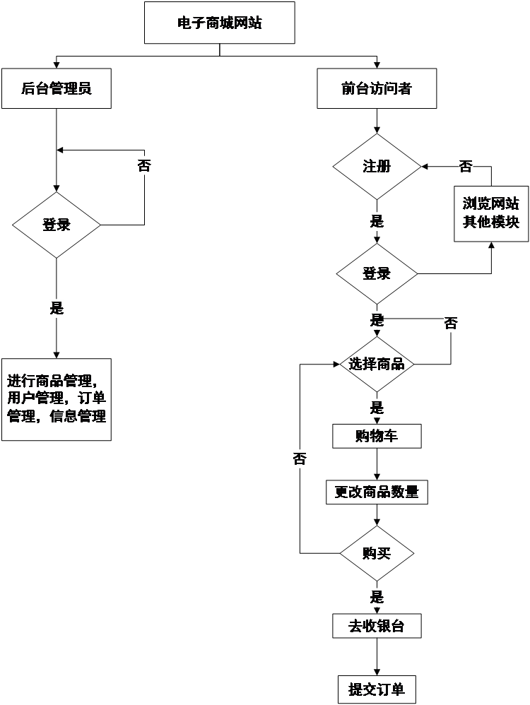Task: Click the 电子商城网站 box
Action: click(219, 23)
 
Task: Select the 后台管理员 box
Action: click(56, 88)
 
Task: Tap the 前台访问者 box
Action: click(376, 88)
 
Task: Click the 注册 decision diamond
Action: click(377, 167)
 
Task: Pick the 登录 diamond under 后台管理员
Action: click(57, 225)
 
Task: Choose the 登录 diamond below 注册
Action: click(377, 273)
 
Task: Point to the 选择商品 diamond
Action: click(377, 364)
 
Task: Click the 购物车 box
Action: click(377, 436)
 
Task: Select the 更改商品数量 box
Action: click(377, 492)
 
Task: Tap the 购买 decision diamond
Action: click(377, 553)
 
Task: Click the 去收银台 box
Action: click(377, 626)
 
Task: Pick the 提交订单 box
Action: click(377, 689)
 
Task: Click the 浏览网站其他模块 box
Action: click(491, 213)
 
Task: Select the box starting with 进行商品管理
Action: click(56, 399)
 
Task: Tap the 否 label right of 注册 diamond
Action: click(466, 167)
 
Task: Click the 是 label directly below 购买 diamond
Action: click(377, 596)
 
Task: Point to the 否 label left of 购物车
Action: click(300, 459)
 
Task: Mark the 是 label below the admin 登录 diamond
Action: click(57, 308)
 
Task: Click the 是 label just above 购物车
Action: click(377, 407)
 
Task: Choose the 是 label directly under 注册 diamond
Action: click(377, 221)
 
